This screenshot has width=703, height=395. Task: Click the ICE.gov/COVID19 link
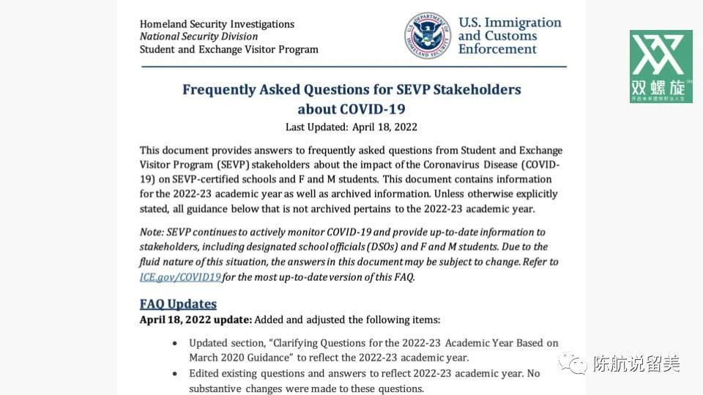point(180,277)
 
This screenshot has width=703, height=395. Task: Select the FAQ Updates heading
point(178,304)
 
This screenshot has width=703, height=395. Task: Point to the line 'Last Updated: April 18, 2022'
point(351,127)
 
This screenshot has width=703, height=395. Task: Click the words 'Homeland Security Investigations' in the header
point(217,24)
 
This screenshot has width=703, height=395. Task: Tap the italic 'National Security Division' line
point(198,37)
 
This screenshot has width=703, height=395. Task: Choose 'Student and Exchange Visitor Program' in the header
point(229,50)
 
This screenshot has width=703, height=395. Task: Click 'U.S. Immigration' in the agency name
point(510,23)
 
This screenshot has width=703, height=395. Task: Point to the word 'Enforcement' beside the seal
point(497,50)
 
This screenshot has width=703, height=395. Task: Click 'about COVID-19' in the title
point(351,109)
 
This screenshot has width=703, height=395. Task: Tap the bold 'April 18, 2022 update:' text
point(196,320)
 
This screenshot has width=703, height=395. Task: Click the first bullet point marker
point(174,343)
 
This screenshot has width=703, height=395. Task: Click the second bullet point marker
point(174,374)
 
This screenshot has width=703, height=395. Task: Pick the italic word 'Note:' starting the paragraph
point(152,232)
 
